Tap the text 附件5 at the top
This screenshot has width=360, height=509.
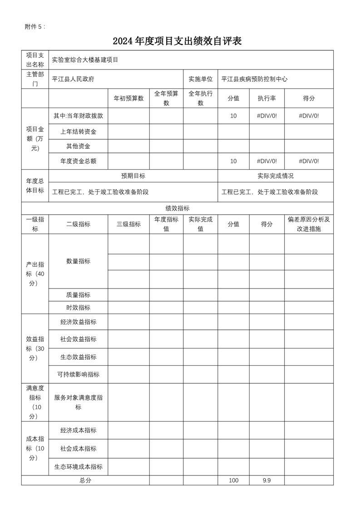35,27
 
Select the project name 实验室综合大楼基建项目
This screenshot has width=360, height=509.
85,60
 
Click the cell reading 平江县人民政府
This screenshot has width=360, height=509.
73,79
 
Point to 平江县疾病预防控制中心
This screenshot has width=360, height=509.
254,79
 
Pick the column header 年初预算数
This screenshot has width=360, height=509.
128,98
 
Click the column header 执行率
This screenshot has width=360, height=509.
266,98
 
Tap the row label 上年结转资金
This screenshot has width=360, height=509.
78,132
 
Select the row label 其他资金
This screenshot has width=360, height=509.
78,146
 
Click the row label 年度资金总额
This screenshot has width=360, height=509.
78,161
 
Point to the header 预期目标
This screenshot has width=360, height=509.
133,176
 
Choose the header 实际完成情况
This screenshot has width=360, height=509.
275,176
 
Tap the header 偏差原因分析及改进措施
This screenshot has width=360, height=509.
309,224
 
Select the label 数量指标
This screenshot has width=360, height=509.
78,261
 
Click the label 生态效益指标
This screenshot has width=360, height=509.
78,357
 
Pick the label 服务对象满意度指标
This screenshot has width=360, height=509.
78,402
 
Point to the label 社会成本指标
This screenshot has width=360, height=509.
78,449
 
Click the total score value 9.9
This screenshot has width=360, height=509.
266,480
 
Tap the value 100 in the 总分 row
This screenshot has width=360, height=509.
233,480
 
